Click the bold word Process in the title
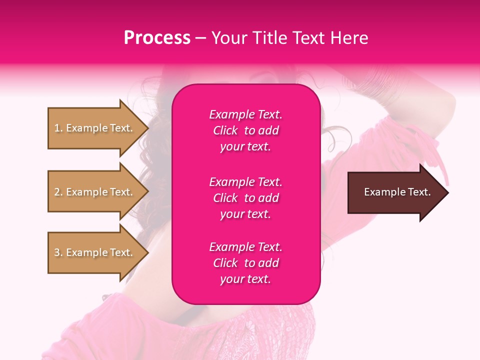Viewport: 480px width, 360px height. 157,38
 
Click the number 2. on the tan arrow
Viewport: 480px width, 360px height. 58,192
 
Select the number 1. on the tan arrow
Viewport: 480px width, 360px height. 58,128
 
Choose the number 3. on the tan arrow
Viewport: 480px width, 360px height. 58,252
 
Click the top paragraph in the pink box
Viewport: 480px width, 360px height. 245,130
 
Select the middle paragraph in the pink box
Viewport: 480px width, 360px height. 245,198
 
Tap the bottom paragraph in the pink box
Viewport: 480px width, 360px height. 245,263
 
